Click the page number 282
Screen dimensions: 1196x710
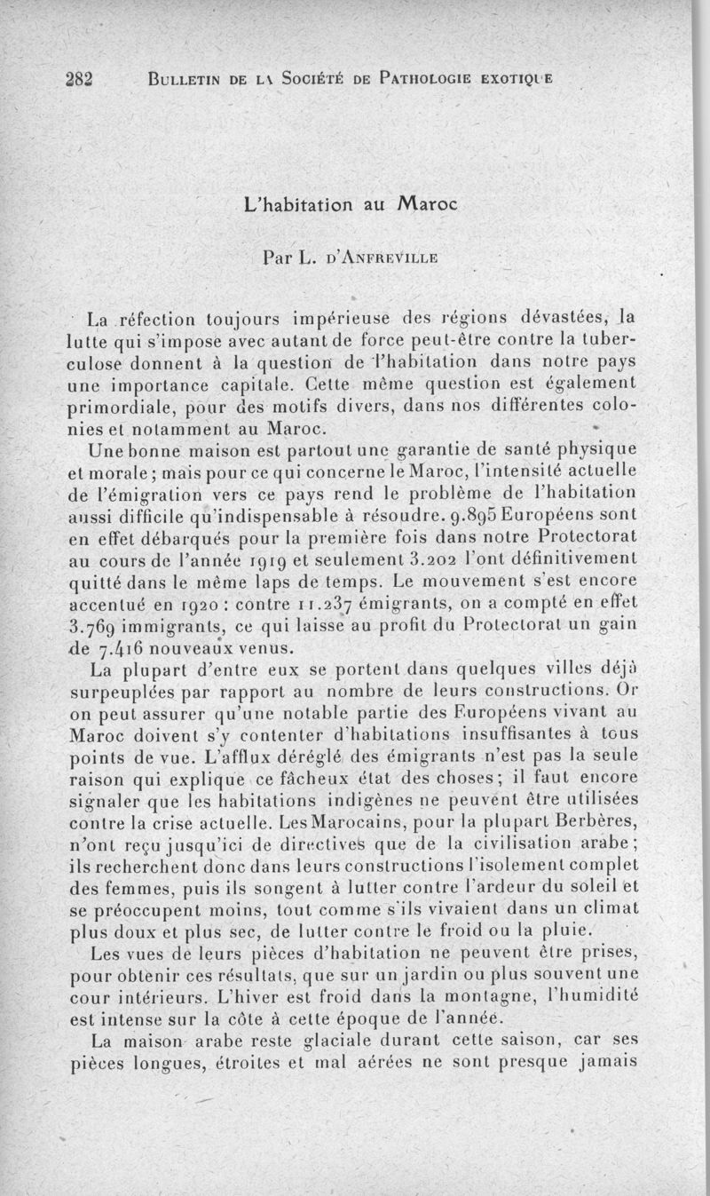tap(79, 76)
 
